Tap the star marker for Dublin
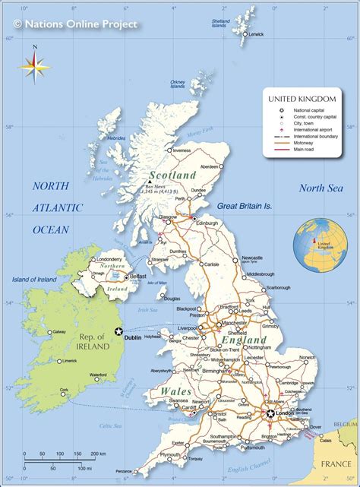[x=118, y=330]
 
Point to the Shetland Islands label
[x=221, y=23]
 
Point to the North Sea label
[x=321, y=188]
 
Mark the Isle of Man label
[x=156, y=283]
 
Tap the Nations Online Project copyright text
[x=76, y=24]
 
